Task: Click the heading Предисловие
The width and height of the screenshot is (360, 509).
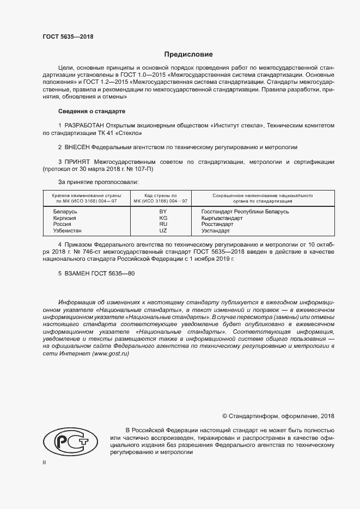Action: click(x=188, y=54)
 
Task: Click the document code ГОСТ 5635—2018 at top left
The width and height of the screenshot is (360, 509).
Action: click(x=68, y=36)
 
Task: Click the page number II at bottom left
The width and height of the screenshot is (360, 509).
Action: click(x=45, y=462)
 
